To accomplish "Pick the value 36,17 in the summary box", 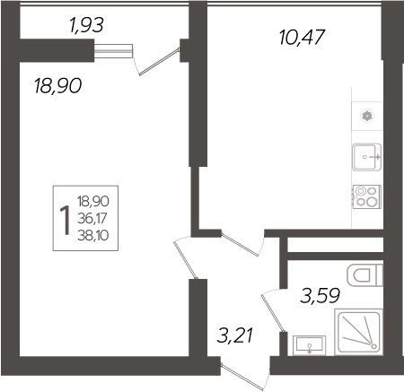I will coord(92,217).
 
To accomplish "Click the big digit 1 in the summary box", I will coord(64,218).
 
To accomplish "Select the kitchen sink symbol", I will coord(367,158).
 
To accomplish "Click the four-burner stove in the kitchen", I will coord(366,196).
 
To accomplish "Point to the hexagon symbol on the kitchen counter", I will coord(366,115).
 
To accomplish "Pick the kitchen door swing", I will coord(241,244).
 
